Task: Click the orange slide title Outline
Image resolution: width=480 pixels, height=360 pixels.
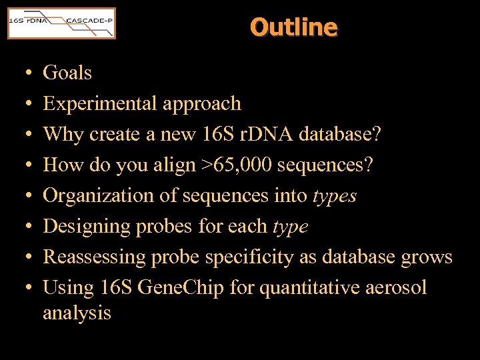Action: pyautogui.click(x=294, y=27)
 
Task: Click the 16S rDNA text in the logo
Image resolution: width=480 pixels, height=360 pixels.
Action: pyautogui.click(x=27, y=21)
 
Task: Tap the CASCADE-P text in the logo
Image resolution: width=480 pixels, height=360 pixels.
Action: pyautogui.click(x=89, y=21)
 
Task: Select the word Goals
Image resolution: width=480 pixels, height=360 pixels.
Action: pyautogui.click(x=67, y=73)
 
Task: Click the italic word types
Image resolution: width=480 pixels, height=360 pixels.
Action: pyautogui.click(x=334, y=196)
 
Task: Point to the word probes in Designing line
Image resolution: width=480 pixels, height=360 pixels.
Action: pyautogui.click(x=165, y=227)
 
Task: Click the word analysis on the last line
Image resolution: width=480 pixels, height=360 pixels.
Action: pyautogui.click(x=77, y=313)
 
